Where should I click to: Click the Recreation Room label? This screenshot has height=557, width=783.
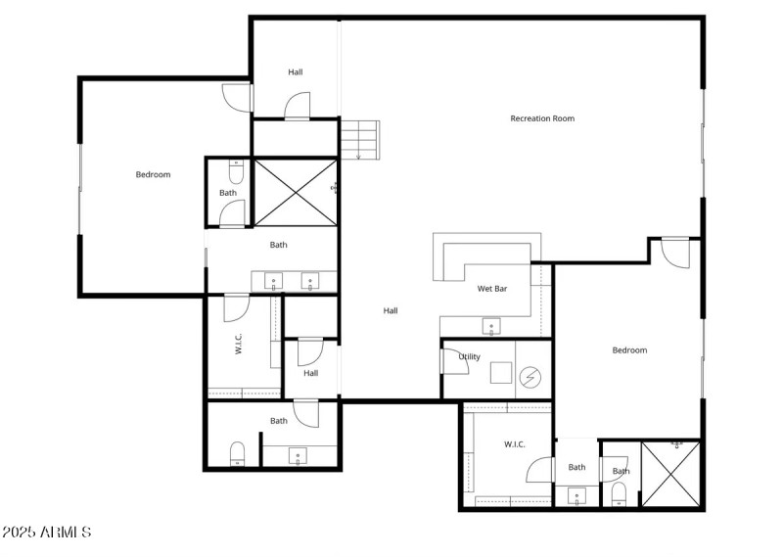tap(542, 118)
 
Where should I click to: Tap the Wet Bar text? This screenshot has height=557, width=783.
tap(491, 289)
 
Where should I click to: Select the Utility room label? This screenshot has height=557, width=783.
tap(470, 356)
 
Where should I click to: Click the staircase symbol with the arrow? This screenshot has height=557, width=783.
tap(358, 140)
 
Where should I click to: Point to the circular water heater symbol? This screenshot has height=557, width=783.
tap(530, 376)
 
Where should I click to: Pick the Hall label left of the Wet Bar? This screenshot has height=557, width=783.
tap(391, 310)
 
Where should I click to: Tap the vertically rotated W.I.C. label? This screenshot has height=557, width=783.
tap(239, 344)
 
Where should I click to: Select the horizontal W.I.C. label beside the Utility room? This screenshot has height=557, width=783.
tap(515, 444)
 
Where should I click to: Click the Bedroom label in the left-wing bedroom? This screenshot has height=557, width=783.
tap(153, 174)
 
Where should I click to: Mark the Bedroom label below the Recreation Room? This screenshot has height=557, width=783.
tap(629, 350)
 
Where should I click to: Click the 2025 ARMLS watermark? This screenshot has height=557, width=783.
tap(47, 533)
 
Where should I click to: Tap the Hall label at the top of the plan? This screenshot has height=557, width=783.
tap(296, 72)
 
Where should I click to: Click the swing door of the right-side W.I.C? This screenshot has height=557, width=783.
tap(540, 471)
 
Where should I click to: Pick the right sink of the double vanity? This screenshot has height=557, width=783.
tap(311, 282)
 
